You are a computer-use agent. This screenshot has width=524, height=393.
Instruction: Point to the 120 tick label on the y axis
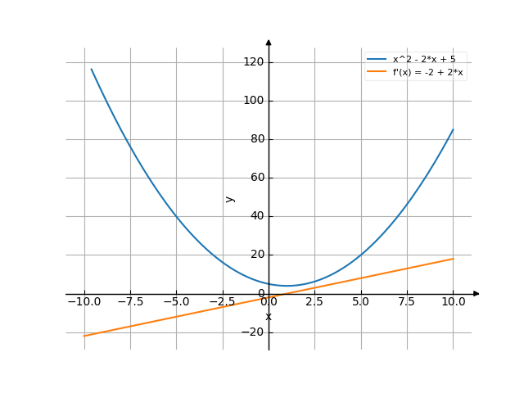tap(253, 62)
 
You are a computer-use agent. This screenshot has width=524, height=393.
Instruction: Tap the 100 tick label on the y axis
tap(253, 101)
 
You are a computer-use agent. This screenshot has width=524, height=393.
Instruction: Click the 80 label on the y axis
tap(256, 139)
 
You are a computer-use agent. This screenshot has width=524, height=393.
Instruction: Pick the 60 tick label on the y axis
tap(256, 178)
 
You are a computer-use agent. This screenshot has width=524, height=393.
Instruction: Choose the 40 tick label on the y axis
tap(256, 216)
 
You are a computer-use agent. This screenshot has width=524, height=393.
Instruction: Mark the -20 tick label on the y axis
tap(254, 332)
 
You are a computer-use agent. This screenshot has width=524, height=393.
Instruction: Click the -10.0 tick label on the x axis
tap(84, 301)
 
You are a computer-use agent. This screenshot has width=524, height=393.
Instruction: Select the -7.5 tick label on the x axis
tap(130, 301)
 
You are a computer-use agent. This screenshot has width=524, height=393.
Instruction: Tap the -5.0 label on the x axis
tap(176, 301)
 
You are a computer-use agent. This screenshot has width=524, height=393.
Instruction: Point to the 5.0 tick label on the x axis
tap(361, 301)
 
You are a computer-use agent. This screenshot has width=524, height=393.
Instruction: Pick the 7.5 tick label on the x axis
tap(407, 301)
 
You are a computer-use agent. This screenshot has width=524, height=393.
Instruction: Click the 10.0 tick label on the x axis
tap(453, 301)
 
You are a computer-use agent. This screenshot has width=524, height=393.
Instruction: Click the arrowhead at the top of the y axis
tap(269, 41)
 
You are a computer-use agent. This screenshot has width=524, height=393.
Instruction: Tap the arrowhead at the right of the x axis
tap(477, 293)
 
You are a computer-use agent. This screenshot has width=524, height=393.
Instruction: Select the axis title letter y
tap(230, 198)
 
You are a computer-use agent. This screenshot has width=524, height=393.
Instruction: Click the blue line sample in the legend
tap(377, 59)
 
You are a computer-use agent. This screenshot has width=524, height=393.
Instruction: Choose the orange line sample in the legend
tap(377, 72)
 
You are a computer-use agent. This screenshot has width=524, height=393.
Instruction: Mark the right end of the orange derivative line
tap(453, 259)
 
